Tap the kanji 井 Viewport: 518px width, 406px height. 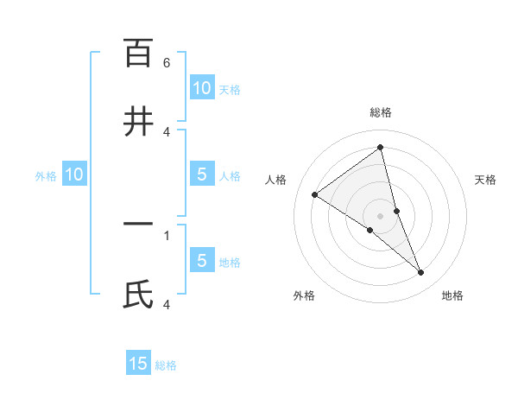(138, 121)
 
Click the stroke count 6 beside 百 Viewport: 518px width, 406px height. (167, 63)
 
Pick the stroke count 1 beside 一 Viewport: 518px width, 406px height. (167, 235)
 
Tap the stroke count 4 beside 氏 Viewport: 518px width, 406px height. (167, 304)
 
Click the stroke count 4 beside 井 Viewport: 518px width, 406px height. (167, 131)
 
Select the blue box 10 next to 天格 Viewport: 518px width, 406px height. (201, 88)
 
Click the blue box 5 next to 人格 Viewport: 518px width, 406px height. (201, 174)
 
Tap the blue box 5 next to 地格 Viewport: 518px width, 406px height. (201, 261)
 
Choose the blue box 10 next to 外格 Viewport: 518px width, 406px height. (74, 174)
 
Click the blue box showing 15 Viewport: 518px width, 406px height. (138, 364)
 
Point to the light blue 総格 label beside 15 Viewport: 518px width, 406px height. (166, 365)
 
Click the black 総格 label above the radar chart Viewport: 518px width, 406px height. (381, 112)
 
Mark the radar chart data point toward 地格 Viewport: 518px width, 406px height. (421, 273)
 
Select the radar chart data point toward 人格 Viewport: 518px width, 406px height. (314, 194)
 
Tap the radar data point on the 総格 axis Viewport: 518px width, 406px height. (380, 148)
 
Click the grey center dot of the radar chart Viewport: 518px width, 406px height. (380, 215)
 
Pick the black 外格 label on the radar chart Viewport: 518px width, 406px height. (304, 295)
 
